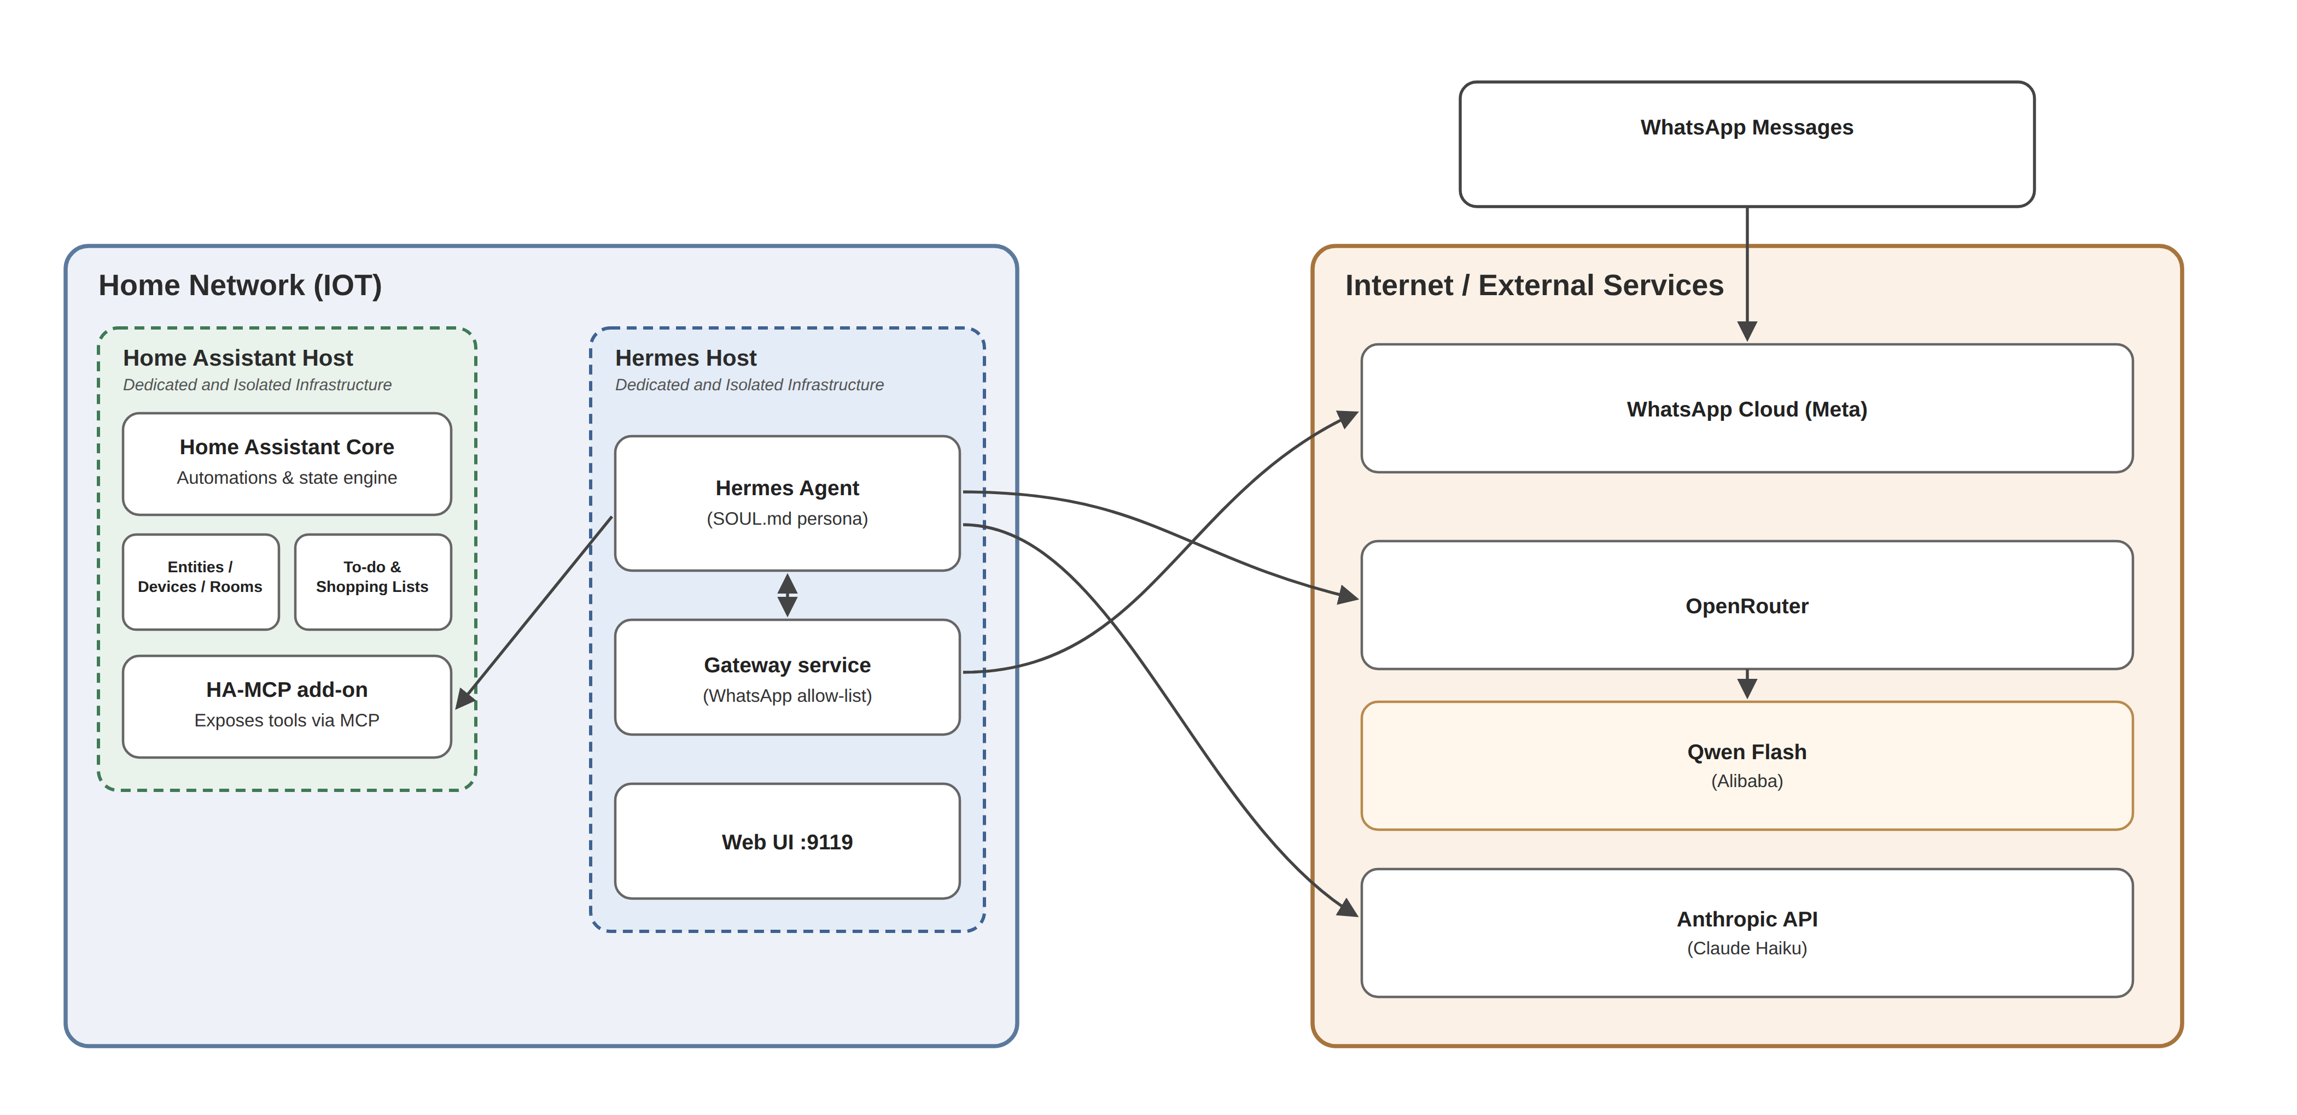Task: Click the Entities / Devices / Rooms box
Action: pyautogui.click(x=201, y=582)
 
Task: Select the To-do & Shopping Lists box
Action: pyautogui.click(x=373, y=582)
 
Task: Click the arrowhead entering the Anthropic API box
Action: pyautogui.click(x=1346, y=906)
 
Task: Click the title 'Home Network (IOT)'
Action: pyautogui.click(x=240, y=285)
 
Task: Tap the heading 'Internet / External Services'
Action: pyautogui.click(x=1534, y=285)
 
